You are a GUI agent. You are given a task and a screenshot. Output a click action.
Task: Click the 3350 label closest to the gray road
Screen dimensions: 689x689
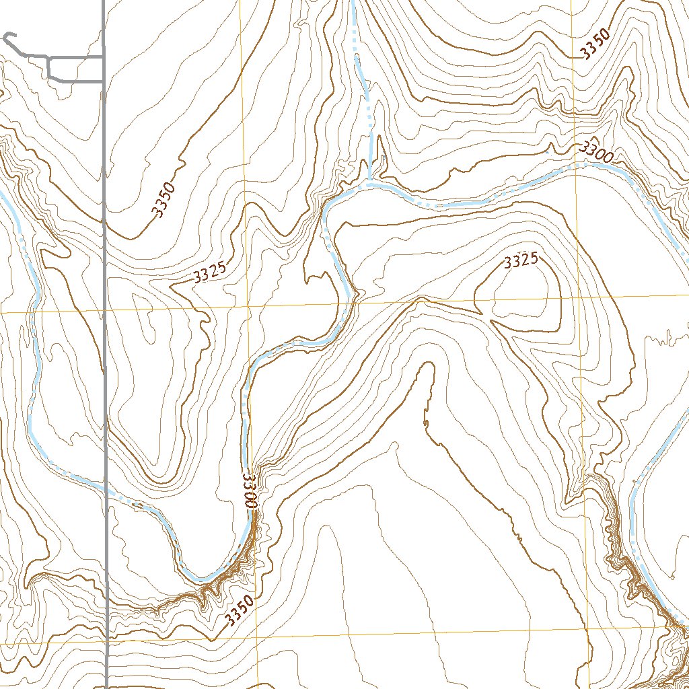[165, 200]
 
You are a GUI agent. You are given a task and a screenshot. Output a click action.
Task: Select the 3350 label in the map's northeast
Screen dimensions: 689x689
[596, 45]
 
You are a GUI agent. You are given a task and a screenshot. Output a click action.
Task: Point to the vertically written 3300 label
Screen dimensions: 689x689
[248, 491]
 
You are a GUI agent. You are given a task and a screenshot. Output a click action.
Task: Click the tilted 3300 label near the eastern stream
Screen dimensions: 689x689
[596, 153]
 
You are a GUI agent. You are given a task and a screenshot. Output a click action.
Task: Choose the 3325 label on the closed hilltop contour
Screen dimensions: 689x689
[520, 261]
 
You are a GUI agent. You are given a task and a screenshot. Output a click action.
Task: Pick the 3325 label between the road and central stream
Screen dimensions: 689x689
[209, 273]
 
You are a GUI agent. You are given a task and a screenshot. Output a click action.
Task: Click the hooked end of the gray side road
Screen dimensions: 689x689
[7, 35]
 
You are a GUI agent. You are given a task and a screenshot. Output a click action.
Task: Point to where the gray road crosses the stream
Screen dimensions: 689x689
[106, 489]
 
